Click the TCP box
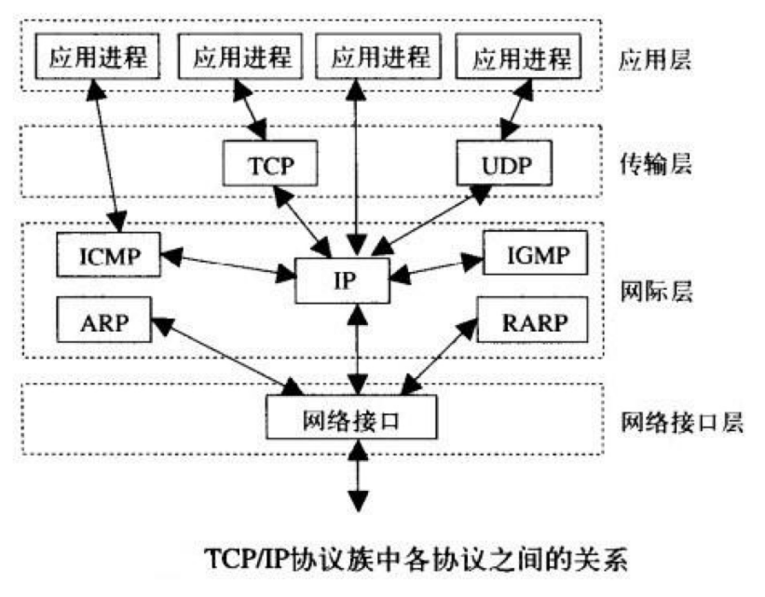click(x=271, y=165)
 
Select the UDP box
click(x=504, y=165)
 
